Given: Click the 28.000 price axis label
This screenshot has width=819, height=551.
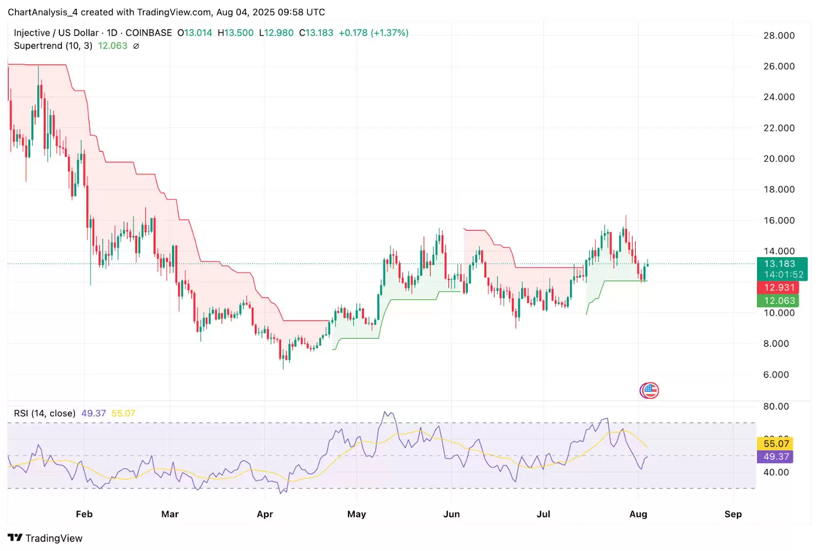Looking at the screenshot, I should (x=779, y=35).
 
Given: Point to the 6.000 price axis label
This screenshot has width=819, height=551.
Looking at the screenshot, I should (x=776, y=375).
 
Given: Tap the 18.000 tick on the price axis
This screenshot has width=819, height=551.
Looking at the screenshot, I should (x=779, y=189).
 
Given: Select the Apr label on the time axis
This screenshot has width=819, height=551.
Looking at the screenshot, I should (x=265, y=514).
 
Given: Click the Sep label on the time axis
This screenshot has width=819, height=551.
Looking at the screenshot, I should (x=732, y=514).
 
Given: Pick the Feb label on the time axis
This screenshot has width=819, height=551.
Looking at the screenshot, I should (x=84, y=514).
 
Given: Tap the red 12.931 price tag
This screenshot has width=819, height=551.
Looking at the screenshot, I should (x=778, y=288).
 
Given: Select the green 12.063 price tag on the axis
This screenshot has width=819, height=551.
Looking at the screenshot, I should (x=778, y=301).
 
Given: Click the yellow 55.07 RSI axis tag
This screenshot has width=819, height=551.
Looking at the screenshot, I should (x=775, y=443).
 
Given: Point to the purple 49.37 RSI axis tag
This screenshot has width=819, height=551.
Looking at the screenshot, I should (x=775, y=456).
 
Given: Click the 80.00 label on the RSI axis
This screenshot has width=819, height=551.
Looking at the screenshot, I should (x=775, y=406).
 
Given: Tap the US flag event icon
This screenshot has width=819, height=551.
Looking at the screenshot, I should (x=649, y=391).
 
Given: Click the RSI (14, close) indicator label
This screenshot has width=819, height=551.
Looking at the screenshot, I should (x=45, y=413).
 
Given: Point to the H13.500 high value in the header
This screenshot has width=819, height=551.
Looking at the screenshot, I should (x=235, y=33).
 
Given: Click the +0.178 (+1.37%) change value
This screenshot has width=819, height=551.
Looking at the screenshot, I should (x=374, y=33).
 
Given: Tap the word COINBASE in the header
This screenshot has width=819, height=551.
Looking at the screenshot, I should (x=148, y=33).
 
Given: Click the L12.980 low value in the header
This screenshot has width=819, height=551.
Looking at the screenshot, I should (x=276, y=33).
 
